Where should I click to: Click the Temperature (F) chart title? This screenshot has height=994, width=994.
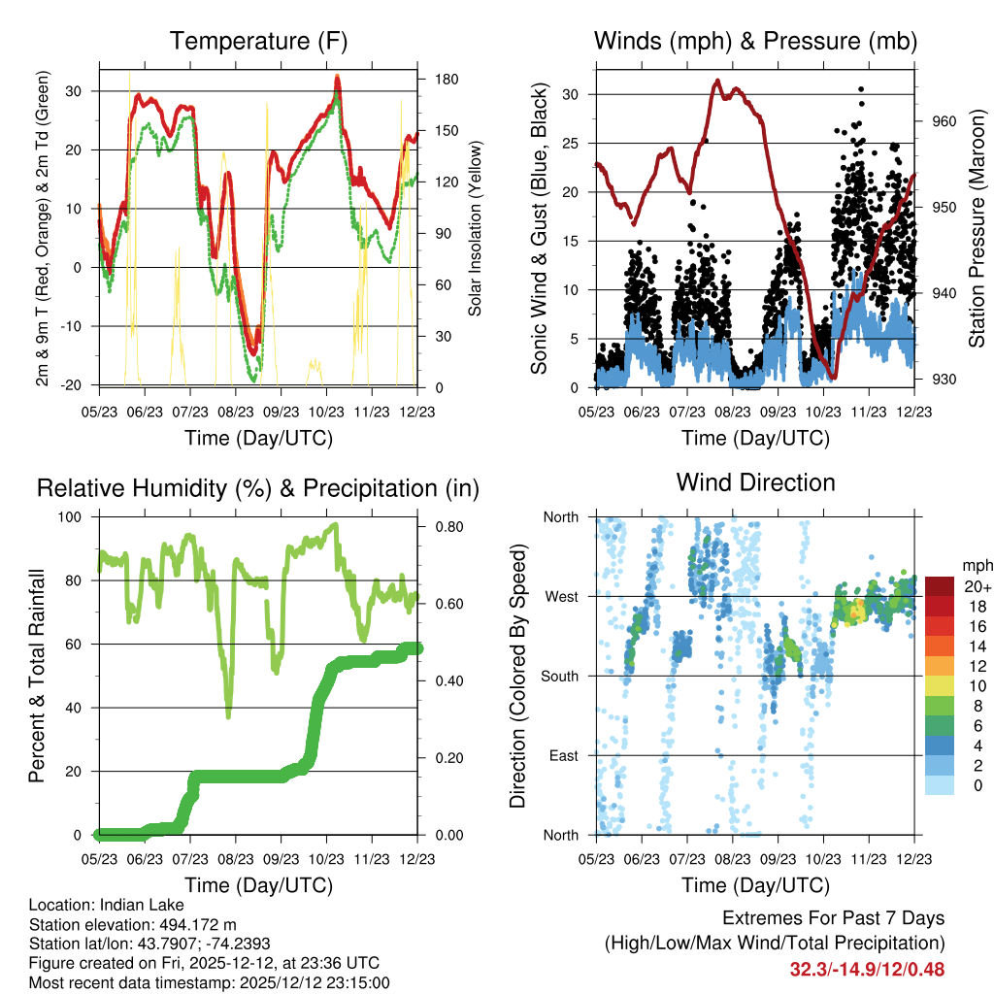(258, 41)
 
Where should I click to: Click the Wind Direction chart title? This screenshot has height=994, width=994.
(755, 482)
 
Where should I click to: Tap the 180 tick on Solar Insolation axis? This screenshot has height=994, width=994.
(447, 80)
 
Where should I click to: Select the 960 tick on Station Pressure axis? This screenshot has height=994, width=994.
(944, 121)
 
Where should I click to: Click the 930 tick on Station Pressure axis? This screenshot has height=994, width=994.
(944, 380)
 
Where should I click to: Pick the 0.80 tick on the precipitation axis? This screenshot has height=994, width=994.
(449, 527)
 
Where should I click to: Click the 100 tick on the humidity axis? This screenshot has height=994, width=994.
(70, 516)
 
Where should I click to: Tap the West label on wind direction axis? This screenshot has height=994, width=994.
(561, 597)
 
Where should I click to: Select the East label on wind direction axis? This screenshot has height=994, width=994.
(564, 755)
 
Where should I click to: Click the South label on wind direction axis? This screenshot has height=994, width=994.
(560, 677)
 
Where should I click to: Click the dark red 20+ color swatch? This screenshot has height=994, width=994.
(940, 586)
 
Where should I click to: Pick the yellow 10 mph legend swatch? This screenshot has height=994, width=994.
(940, 686)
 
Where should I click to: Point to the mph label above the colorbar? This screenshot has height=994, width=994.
(977, 566)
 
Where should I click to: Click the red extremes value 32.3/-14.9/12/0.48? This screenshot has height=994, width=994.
(867, 970)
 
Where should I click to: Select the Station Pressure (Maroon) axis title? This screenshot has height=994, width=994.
(977, 228)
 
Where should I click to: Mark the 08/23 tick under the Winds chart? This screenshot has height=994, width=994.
(733, 412)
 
